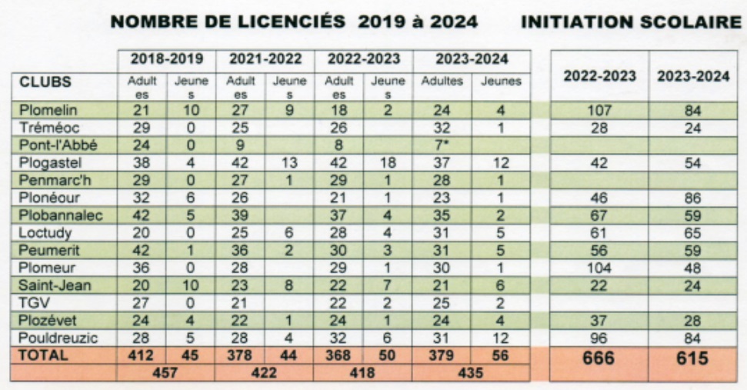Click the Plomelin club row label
(43, 110)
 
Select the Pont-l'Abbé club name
(50, 144)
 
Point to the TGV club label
(32, 303)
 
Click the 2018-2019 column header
(166, 59)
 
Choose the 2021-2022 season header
(264, 59)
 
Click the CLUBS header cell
(45, 81)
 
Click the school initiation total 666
(599, 358)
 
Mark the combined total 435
(472, 372)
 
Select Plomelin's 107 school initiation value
(599, 110)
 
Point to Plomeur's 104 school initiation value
(599, 268)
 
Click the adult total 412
(142, 355)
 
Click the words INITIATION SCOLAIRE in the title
(630, 22)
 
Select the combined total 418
(364, 372)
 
